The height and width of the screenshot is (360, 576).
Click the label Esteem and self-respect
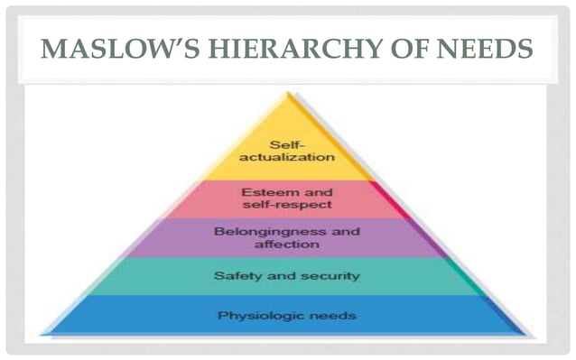287,198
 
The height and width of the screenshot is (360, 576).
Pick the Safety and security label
287,275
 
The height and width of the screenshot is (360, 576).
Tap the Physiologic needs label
287,316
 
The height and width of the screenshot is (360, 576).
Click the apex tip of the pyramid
288,92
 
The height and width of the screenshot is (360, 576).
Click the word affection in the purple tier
287,245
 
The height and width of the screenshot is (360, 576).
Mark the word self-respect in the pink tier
287,205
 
